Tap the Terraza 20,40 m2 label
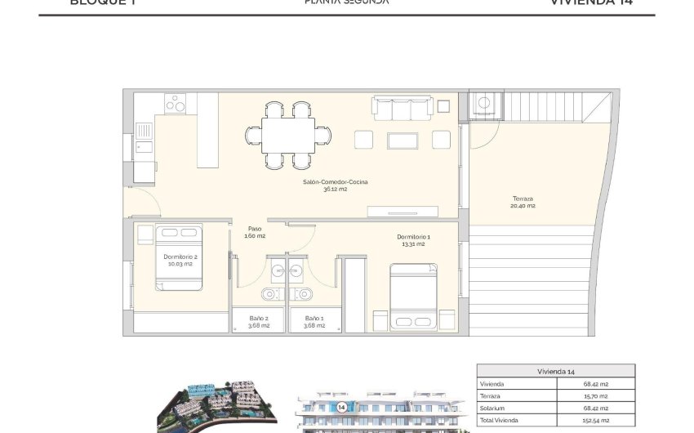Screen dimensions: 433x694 [x=523, y=202]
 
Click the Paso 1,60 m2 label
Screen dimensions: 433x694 [x=255, y=232]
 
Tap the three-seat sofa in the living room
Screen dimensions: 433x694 [x=401, y=109]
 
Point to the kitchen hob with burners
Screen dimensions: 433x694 [x=176, y=103]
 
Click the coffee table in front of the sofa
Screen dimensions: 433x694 [x=402, y=141]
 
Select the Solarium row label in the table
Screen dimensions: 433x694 [x=493, y=408]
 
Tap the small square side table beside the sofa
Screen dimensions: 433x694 [x=443, y=106]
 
